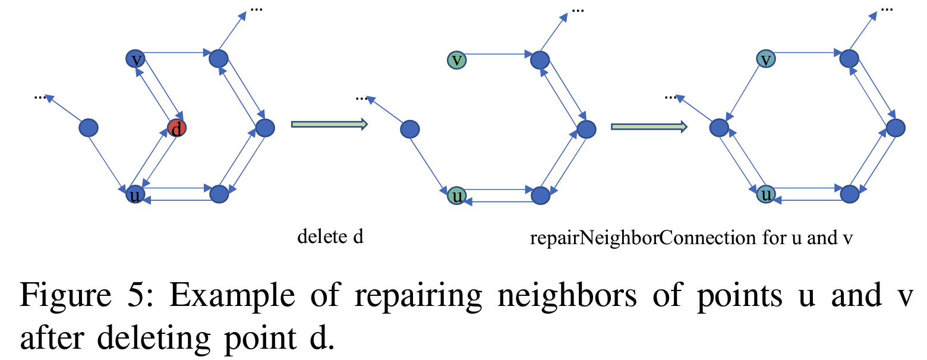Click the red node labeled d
[176, 128]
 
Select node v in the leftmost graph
[135, 58]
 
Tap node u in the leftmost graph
[135, 194]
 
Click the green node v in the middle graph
[456, 59]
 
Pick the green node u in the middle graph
[456, 195]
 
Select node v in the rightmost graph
[767, 59]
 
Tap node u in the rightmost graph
[767, 194]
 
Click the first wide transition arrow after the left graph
[329, 124]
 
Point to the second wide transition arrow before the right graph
[649, 126]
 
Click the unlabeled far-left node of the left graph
[89, 127]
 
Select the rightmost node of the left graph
[265, 128]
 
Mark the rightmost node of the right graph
[896, 128]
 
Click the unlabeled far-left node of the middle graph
[410, 129]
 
